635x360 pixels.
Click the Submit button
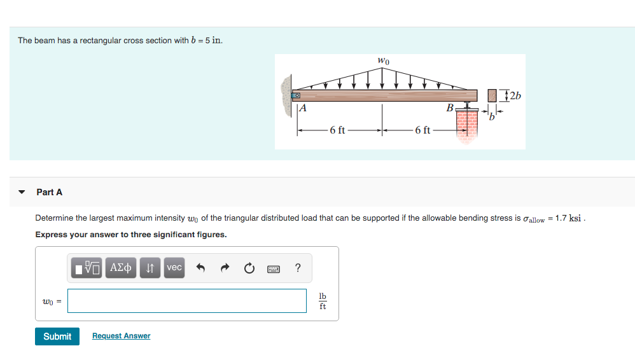[57, 336]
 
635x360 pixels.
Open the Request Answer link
[121, 336]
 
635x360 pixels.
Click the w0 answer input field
[187, 301]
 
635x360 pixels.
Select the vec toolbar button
[174, 268]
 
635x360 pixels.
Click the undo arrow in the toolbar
[200, 268]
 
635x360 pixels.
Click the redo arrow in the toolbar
[224, 268]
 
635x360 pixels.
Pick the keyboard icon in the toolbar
[274, 268]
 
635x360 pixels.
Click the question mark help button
[298, 268]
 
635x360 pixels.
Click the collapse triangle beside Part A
[22, 192]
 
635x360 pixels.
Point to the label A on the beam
[303, 108]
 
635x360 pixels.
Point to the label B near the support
[450, 108]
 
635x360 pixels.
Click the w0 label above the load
[383, 61]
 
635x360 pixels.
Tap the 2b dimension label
[513, 96]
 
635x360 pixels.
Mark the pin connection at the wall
[295, 95]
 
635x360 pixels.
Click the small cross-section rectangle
[492, 96]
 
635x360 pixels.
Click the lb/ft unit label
[323, 301]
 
